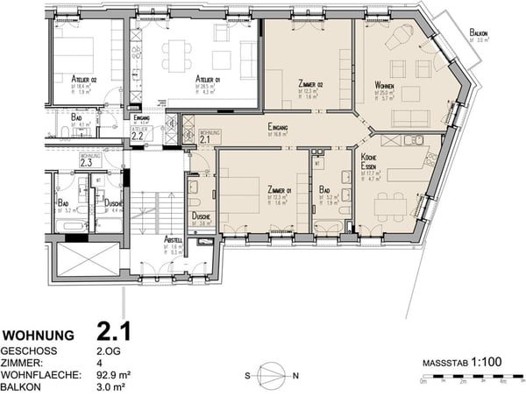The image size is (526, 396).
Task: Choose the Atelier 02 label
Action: (x=84, y=79)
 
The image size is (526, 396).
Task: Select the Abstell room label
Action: (x=174, y=239)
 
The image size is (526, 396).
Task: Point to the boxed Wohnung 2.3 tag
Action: (x=88, y=160)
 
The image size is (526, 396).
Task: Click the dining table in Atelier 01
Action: (x=179, y=56)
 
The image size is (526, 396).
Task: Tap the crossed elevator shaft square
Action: (x=87, y=260)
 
